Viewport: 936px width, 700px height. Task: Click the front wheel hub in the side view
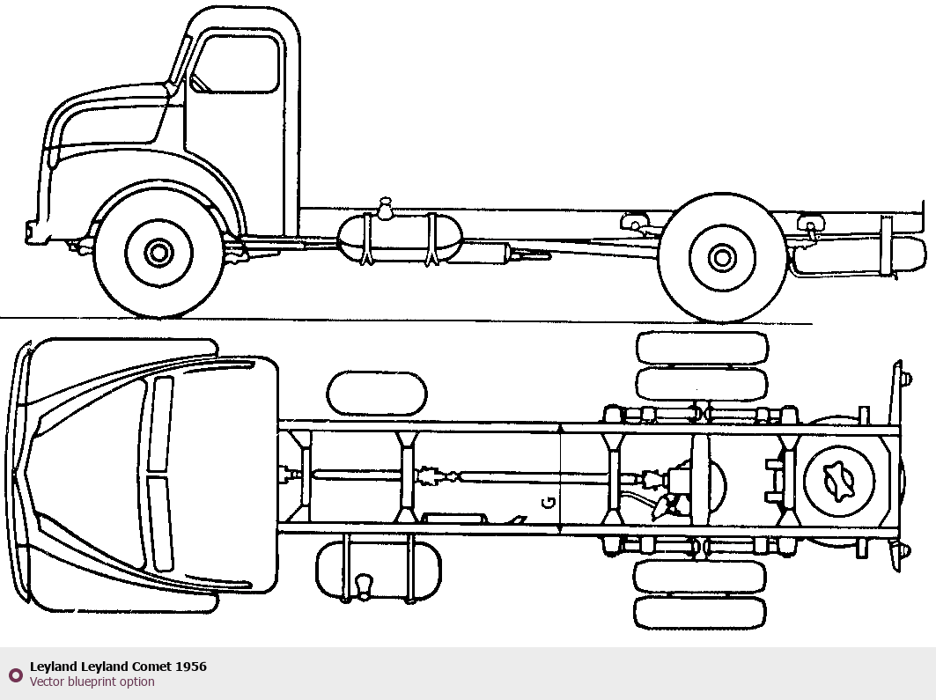click(x=158, y=254)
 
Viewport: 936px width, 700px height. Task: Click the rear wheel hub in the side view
click(x=722, y=257)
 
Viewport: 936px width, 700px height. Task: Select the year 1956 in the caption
click(x=191, y=667)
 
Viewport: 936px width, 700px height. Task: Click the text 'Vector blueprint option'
click(x=92, y=682)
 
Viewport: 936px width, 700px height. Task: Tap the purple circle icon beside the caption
click(x=15, y=675)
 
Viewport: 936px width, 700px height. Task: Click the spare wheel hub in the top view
click(x=839, y=479)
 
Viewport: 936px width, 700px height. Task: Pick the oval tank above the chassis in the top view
click(x=377, y=394)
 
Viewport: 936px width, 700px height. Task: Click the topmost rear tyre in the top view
click(x=702, y=347)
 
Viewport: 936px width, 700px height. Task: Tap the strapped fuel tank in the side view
click(x=401, y=239)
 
